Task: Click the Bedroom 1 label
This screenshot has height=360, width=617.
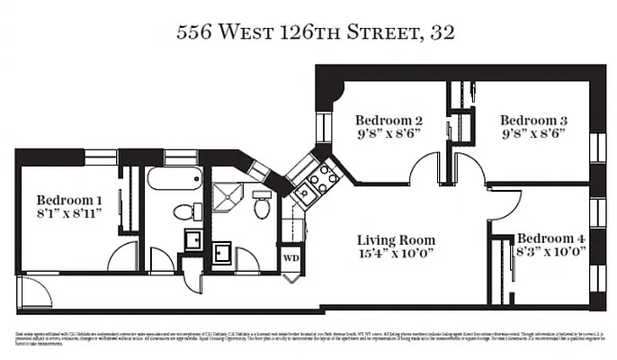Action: (x=69, y=200)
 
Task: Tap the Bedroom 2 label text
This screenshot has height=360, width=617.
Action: (x=389, y=120)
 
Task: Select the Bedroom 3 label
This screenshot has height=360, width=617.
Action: (x=533, y=120)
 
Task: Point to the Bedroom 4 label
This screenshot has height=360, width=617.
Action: (x=550, y=238)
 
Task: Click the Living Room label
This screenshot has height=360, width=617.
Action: (x=396, y=240)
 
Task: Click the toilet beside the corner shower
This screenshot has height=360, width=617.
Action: (x=263, y=207)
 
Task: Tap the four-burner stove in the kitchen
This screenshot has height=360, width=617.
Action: (x=322, y=179)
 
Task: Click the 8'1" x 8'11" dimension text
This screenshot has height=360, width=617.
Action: (x=69, y=213)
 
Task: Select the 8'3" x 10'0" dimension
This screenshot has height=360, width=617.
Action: (x=550, y=252)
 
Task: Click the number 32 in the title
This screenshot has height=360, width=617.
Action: (x=442, y=34)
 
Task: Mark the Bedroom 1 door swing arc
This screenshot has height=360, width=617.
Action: (x=121, y=257)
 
